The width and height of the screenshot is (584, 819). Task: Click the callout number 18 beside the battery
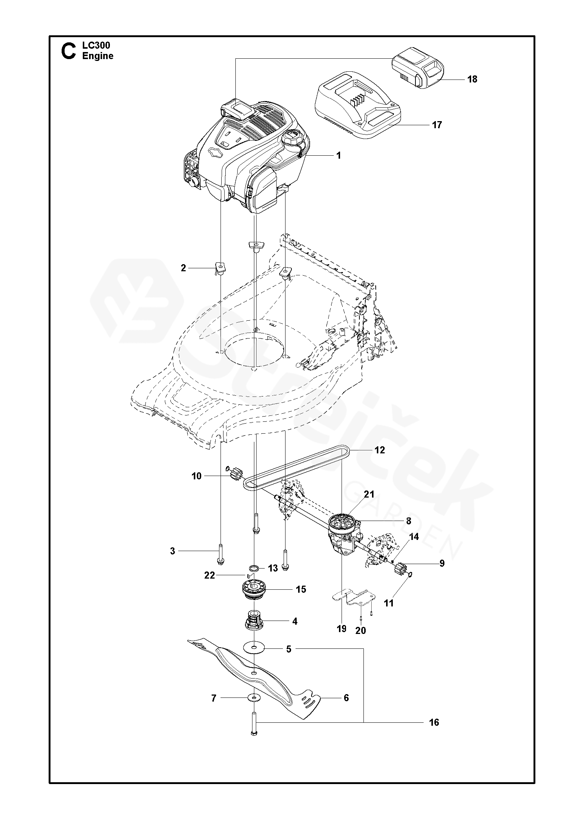point(472,79)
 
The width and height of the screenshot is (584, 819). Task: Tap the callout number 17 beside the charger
point(437,125)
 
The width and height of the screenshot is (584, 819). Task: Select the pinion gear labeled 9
point(400,569)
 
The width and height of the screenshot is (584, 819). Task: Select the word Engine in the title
point(98,56)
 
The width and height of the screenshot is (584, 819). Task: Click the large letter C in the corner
point(68,52)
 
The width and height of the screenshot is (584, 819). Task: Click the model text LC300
point(96,46)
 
